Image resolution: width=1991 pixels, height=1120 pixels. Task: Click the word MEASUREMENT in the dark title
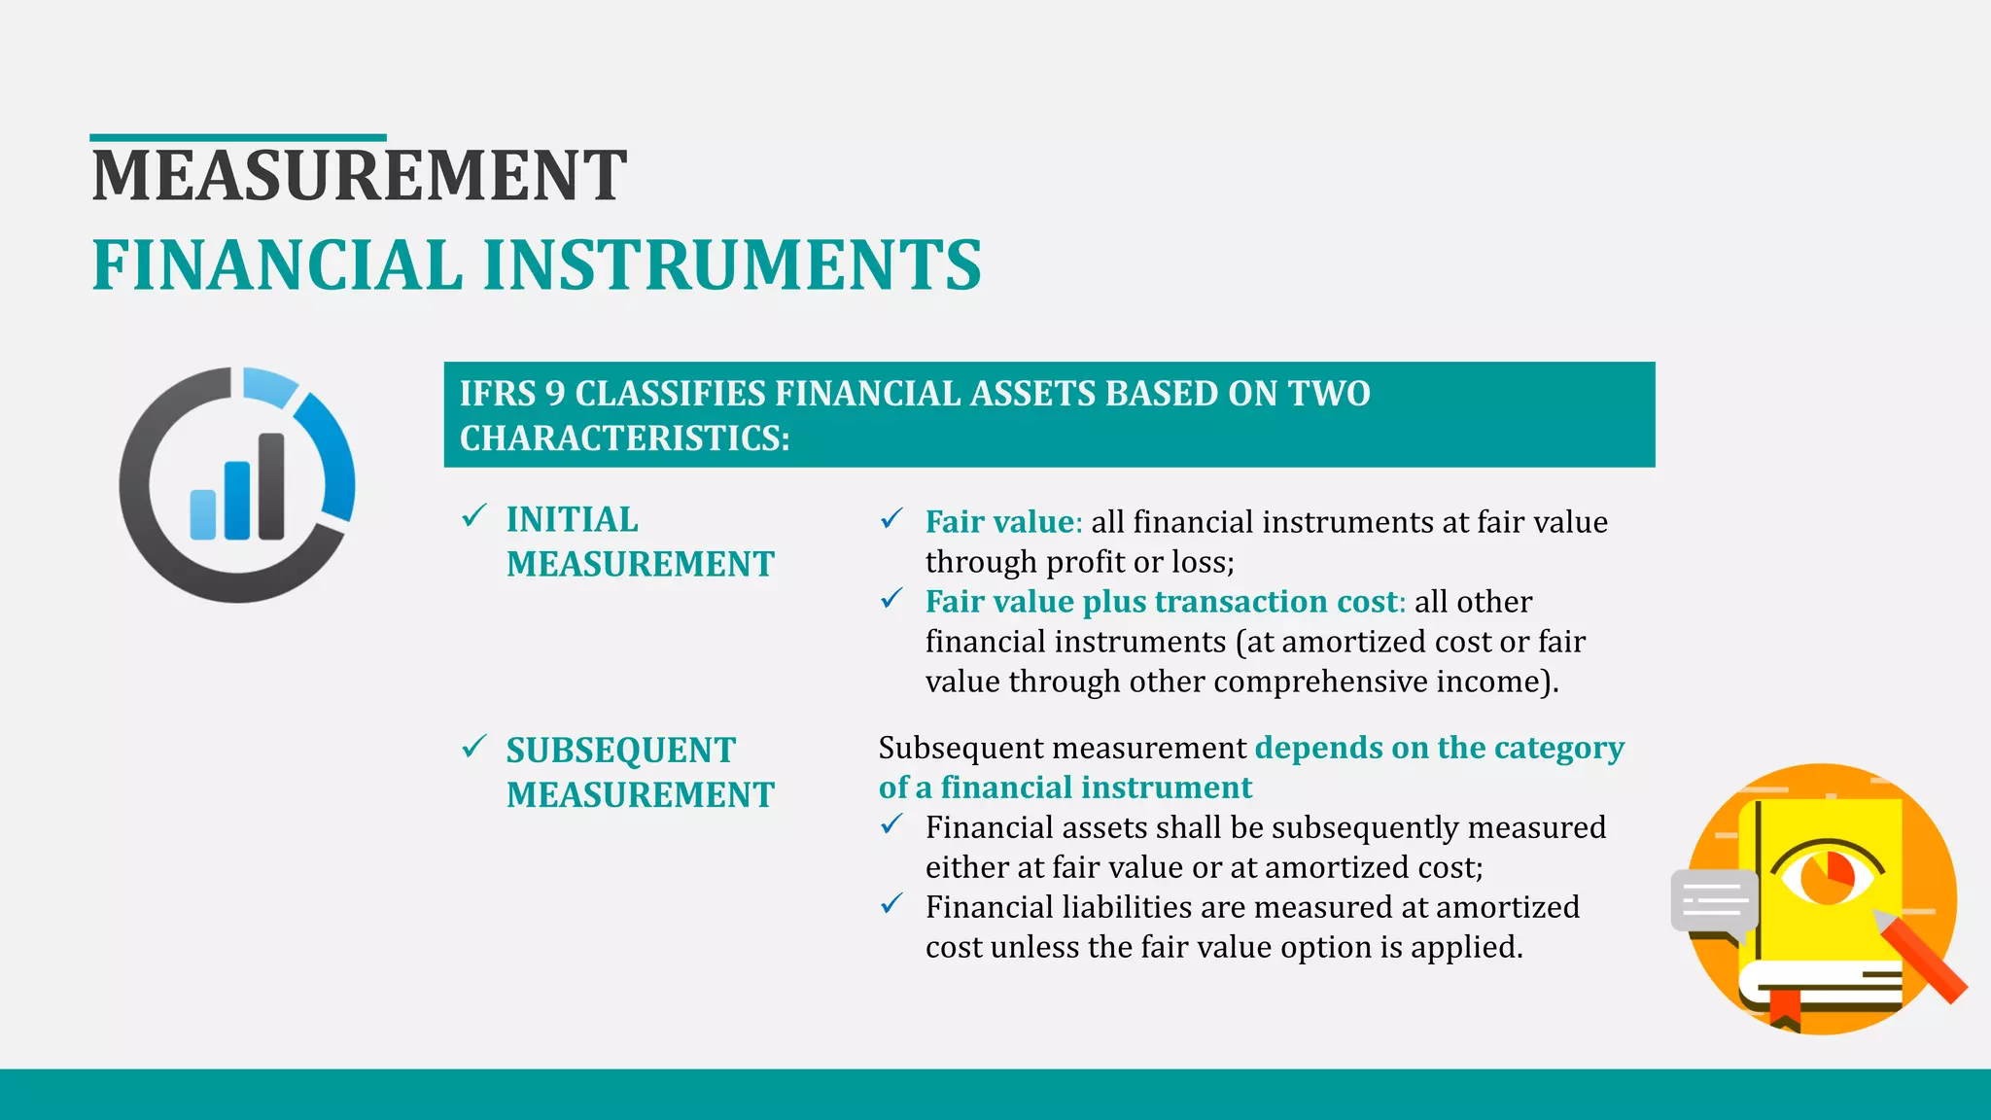[359, 176]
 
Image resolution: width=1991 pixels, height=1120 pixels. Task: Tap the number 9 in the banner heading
[554, 394]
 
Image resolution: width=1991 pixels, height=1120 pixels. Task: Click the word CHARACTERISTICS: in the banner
[624, 438]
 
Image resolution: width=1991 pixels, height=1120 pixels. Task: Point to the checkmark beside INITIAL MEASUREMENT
[473, 516]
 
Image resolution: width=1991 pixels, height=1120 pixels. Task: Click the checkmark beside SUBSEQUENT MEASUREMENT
[473, 747]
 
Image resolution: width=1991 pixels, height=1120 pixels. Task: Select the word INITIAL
[572, 520]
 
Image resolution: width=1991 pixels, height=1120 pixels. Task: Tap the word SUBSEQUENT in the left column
[620, 751]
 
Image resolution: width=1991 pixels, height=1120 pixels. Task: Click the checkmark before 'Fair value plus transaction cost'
[891, 599]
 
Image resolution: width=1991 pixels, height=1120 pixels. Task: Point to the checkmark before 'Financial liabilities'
[891, 904]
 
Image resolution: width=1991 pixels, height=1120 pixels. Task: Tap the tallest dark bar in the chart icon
[271, 485]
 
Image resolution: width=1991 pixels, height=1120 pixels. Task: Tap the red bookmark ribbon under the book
[1784, 1010]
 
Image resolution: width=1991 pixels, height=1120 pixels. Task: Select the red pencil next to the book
[1922, 959]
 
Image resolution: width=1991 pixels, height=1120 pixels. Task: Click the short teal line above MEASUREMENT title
[238, 138]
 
